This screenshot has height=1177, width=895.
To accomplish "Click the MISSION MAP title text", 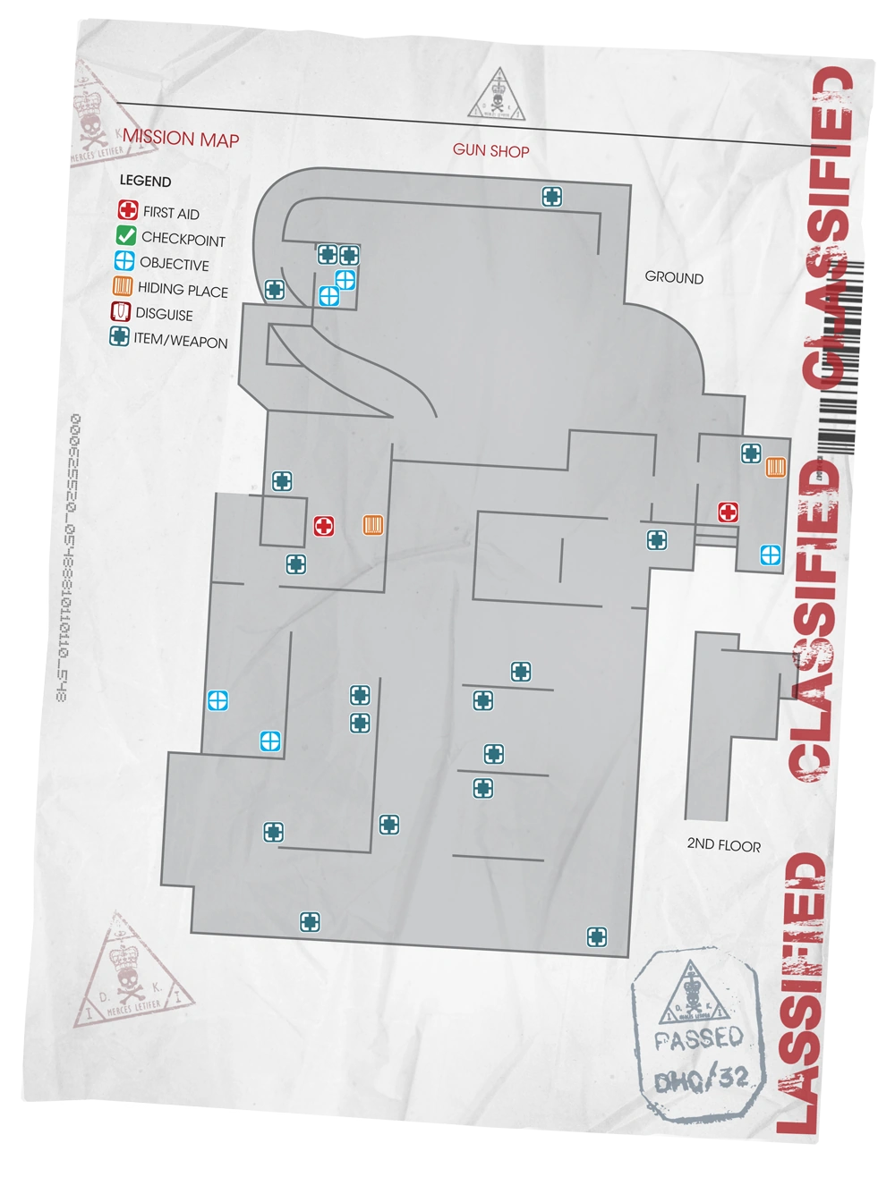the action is tap(182, 139).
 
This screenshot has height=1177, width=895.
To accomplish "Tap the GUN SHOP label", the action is tap(490, 150).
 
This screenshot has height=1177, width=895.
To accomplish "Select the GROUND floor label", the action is tap(674, 277).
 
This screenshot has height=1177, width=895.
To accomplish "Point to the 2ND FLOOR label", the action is tap(723, 844).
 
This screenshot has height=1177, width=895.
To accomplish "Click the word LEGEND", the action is tap(145, 181).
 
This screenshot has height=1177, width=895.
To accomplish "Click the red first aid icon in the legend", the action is tap(128, 211).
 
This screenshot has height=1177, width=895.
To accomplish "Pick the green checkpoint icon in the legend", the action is tap(125, 237).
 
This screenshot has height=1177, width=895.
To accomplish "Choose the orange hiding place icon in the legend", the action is tap(123, 287).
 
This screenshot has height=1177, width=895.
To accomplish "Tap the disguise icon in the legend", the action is tap(120, 312).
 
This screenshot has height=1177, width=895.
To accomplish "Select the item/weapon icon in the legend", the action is tap(118, 337).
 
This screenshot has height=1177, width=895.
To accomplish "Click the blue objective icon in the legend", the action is tap(124, 262).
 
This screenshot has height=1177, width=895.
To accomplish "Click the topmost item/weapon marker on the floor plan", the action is tap(552, 196).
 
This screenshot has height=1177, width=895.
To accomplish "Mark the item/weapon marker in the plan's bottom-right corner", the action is tap(597, 936).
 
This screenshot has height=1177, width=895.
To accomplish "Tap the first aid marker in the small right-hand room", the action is tap(729, 512).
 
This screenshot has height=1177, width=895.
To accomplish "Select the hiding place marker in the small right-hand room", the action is tap(775, 467).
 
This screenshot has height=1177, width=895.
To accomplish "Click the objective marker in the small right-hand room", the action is tap(769, 555).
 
